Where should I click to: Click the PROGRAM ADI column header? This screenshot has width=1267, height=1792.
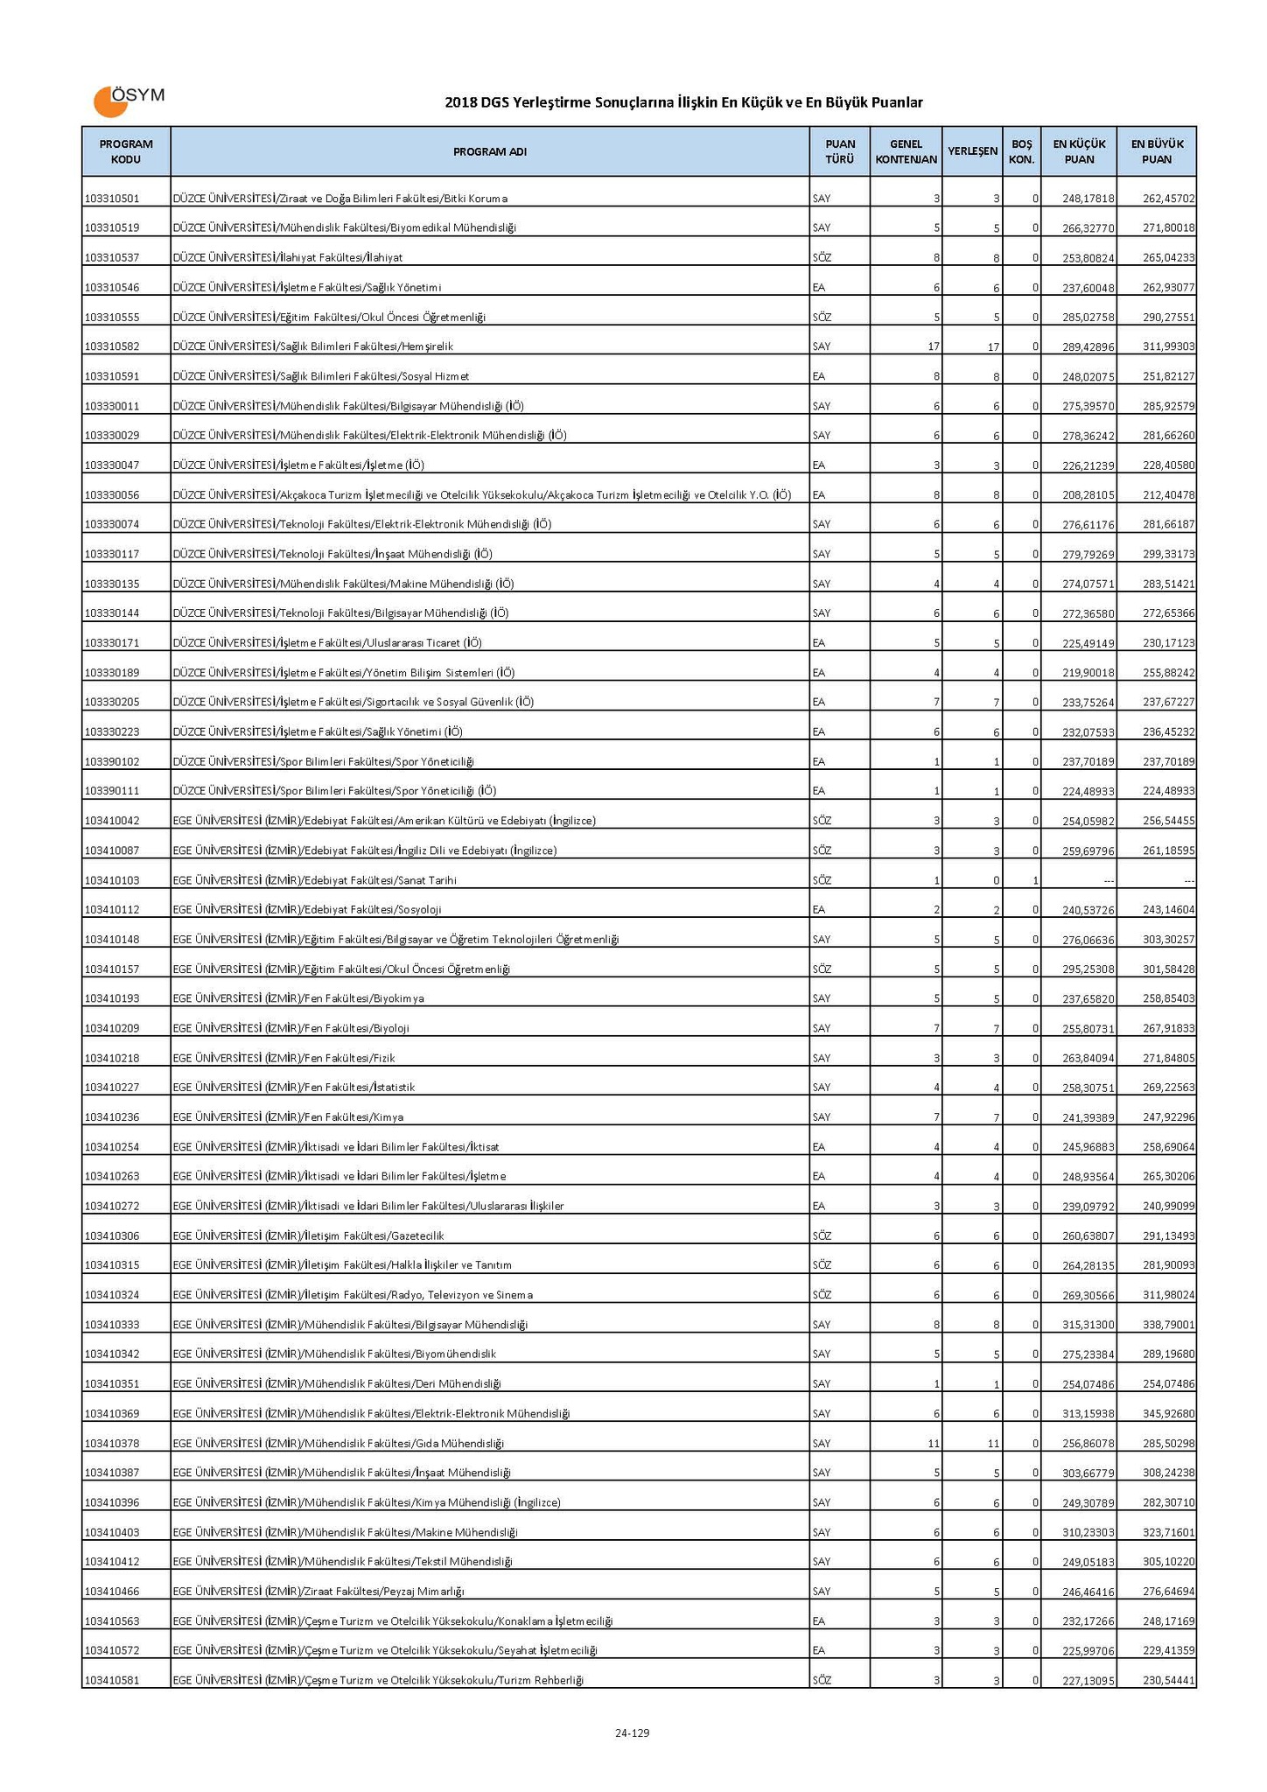pos(489,151)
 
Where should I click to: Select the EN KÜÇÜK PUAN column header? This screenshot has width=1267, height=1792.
pos(1078,151)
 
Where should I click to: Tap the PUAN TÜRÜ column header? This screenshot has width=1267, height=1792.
pos(839,151)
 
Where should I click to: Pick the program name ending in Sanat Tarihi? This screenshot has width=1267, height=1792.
pos(315,880)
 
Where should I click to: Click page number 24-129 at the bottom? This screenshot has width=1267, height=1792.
pos(632,1732)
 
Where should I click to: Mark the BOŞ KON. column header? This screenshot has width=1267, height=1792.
pos(1021,151)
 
